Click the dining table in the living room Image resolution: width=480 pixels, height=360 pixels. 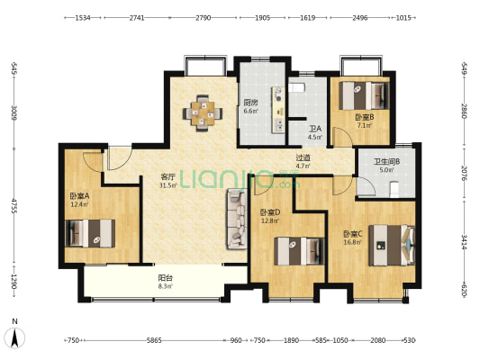click(x=203, y=113)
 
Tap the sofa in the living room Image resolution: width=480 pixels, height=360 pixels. click(x=237, y=219)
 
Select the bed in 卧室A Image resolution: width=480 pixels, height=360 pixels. click(x=90, y=233)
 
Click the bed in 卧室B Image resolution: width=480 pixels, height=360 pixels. click(x=364, y=95)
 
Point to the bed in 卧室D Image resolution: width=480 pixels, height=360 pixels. click(x=299, y=251)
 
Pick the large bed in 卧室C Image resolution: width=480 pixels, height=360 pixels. click(x=392, y=246)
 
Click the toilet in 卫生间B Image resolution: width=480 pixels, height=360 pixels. click(x=394, y=189)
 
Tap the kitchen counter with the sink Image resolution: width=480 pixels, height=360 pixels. click(x=278, y=110)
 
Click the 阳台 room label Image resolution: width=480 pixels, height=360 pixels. click(x=166, y=278)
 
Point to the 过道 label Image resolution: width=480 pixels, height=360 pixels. click(x=303, y=157)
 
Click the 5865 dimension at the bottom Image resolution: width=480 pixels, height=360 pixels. click(x=154, y=340)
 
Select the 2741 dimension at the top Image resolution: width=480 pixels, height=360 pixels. click(x=137, y=18)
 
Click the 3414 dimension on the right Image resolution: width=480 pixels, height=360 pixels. click(x=465, y=242)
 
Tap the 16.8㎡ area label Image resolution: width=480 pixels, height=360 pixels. click(x=353, y=242)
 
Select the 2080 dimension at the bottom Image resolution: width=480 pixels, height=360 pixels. click(x=378, y=340)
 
